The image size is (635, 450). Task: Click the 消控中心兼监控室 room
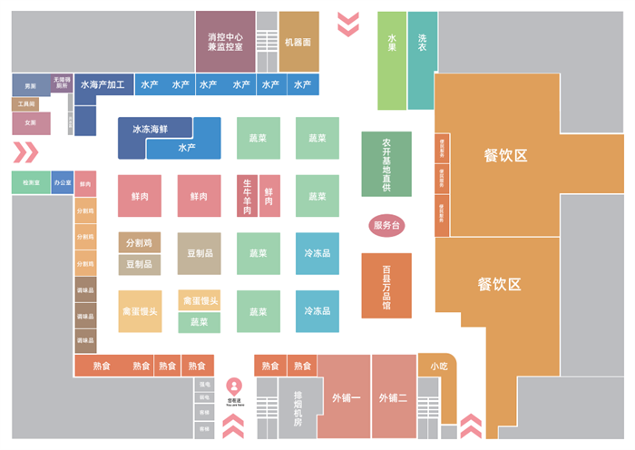point(225,41)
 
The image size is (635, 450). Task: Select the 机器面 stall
point(298,41)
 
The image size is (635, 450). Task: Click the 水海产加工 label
point(102,84)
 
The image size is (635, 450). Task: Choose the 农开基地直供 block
point(386,164)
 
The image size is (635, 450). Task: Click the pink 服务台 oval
point(386,225)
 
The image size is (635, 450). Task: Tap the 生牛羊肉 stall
point(246,196)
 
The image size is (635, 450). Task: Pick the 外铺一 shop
point(345,397)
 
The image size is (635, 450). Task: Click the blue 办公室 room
point(63,182)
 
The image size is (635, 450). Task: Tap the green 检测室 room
point(31,182)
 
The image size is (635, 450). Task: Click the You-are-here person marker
point(234,385)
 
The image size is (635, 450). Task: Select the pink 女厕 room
point(30,122)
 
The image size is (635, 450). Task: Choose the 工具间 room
point(25,104)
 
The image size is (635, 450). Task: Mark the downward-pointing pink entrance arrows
point(348,24)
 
